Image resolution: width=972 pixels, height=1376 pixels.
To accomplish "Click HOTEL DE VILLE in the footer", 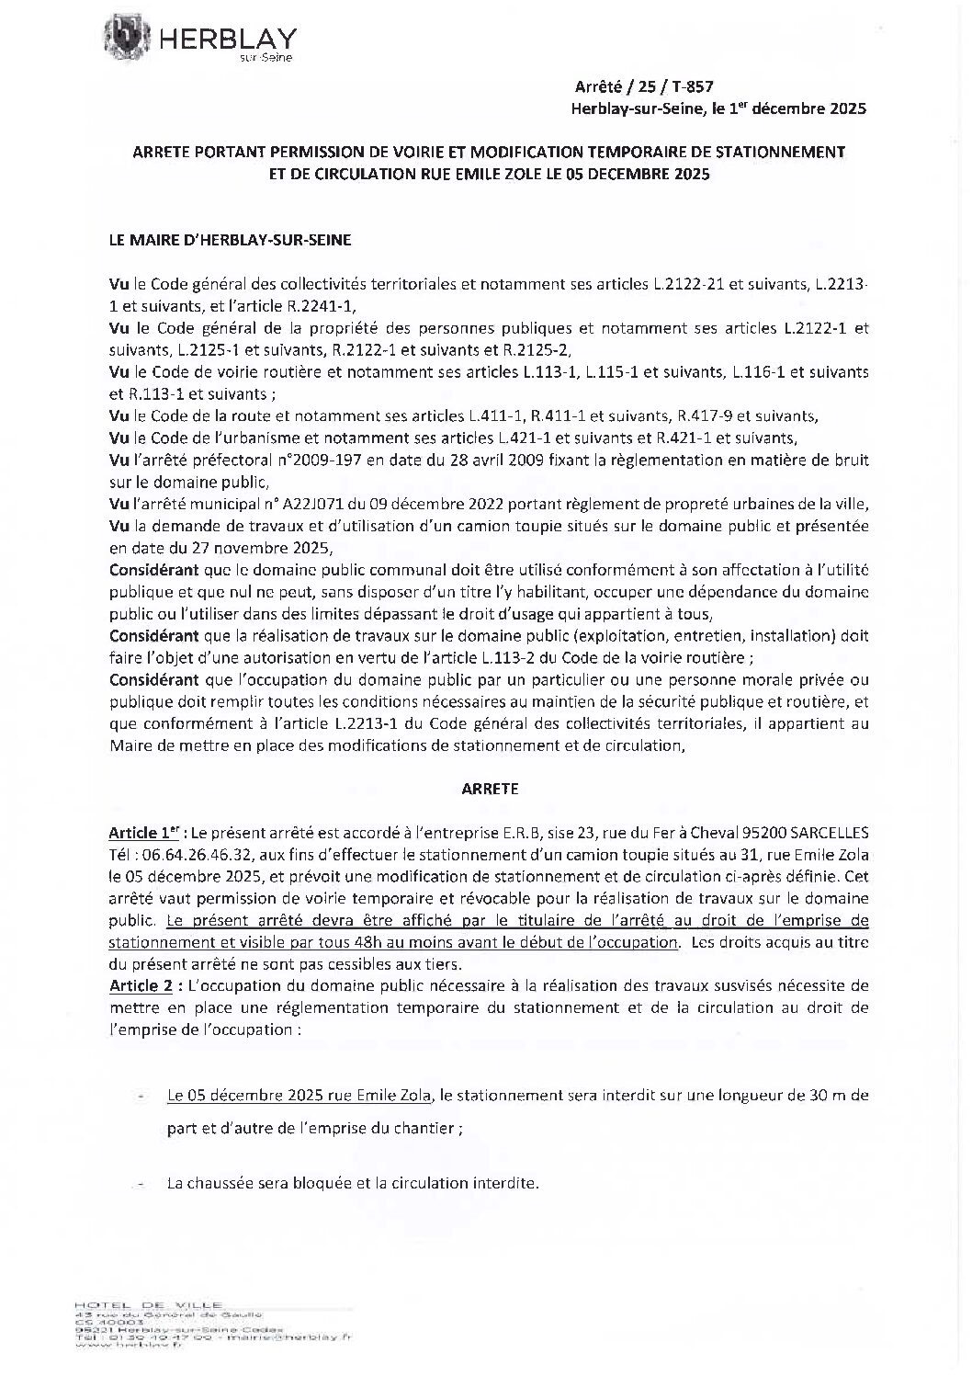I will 149,1305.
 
